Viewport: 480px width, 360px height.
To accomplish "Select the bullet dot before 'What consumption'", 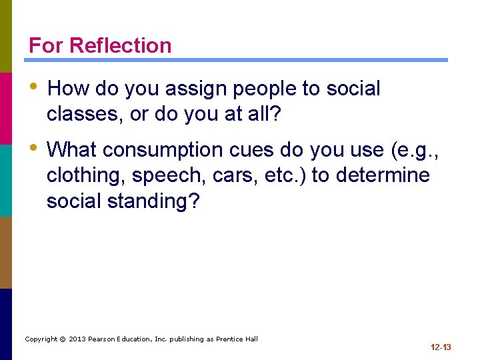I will pyautogui.click(x=33, y=149).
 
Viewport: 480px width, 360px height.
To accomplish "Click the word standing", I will pyautogui.click(x=151, y=202).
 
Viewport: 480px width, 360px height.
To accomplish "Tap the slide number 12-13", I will pyautogui.click(x=441, y=347).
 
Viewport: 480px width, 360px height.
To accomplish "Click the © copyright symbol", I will pyautogui.click(x=62, y=339).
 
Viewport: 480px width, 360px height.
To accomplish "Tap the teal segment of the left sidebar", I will pyautogui.click(x=6, y=180).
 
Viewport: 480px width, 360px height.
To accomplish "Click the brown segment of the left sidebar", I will pyautogui.click(x=6, y=252).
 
